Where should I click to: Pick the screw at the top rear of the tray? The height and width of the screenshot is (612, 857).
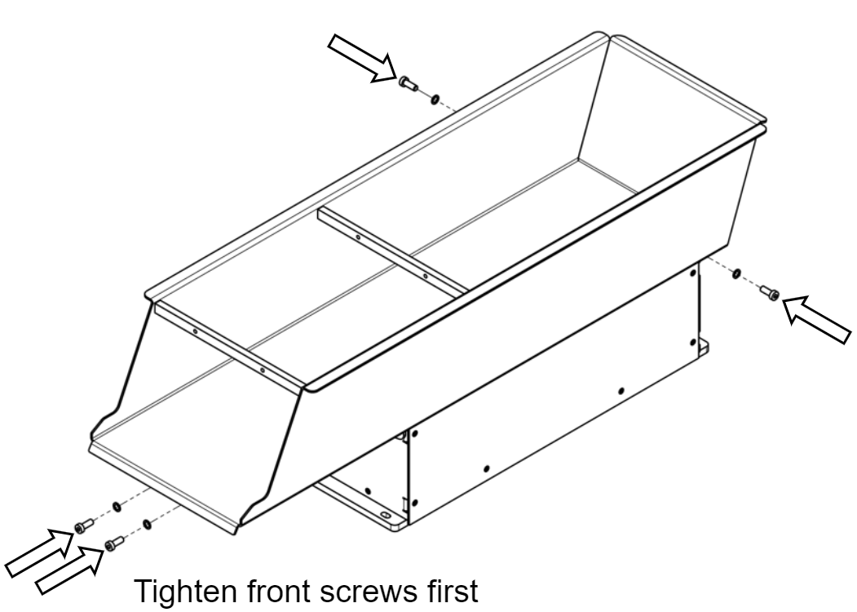pyautogui.click(x=408, y=82)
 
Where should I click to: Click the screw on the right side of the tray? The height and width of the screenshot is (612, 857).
pyautogui.click(x=770, y=291)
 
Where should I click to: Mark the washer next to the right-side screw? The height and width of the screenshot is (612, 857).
pyautogui.click(x=736, y=273)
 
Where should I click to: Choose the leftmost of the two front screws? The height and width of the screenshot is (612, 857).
pyautogui.click(x=82, y=527)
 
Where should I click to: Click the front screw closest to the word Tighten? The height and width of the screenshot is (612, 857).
pyautogui.click(x=112, y=543)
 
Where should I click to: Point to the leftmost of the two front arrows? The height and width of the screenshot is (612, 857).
pyautogui.click(x=37, y=552)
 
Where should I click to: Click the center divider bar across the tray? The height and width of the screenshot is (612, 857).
pyautogui.click(x=391, y=249)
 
